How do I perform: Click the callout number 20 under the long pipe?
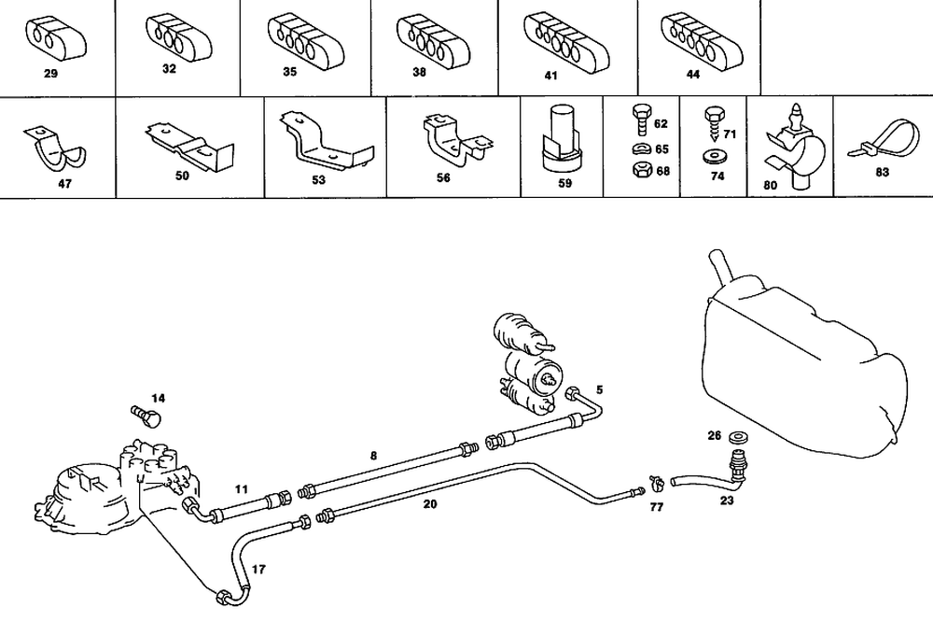(429, 503)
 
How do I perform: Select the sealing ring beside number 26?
(741, 435)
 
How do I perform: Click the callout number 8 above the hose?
(373, 456)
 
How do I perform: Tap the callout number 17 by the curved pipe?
(258, 567)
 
